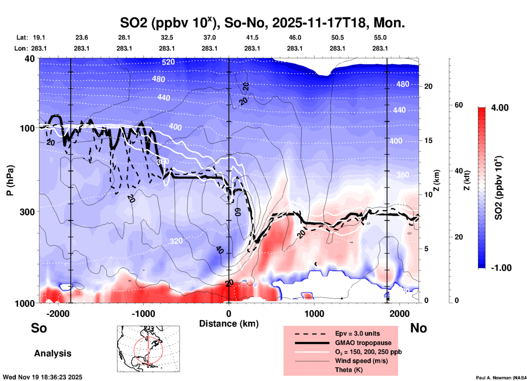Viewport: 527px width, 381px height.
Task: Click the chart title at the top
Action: (262, 23)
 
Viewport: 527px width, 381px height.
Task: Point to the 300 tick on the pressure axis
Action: (28, 212)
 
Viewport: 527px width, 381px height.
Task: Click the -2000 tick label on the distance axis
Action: (58, 314)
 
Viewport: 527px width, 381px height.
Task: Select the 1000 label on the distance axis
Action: (314, 314)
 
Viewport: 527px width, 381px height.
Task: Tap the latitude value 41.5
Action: (252, 37)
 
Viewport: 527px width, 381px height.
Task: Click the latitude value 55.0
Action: (380, 37)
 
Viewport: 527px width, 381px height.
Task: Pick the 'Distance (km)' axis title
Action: (229, 324)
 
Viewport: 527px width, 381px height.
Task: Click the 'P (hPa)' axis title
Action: (10, 180)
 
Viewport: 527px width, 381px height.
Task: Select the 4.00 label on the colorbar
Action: (500, 108)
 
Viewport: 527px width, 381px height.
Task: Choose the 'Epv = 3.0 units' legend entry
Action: (357, 333)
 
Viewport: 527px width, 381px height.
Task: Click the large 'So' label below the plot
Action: (39, 328)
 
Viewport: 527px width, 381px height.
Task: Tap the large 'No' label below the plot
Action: (418, 328)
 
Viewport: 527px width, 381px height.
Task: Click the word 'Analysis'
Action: (53, 353)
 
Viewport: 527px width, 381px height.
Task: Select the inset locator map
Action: (148, 348)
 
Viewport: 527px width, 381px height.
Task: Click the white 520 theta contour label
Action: (168, 62)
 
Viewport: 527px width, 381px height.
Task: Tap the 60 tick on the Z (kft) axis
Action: (459, 105)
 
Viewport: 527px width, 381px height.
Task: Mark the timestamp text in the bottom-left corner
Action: (42, 377)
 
